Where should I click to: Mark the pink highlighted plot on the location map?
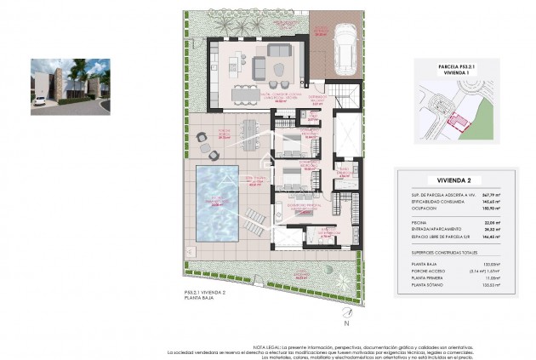(461, 124)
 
